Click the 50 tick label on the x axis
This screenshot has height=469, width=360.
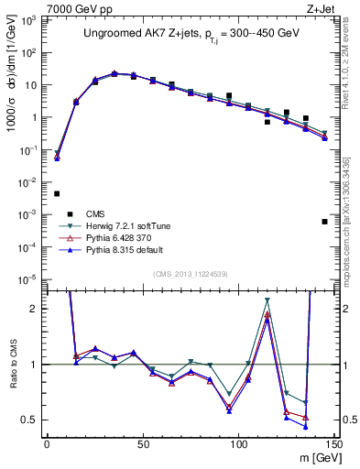[142, 443]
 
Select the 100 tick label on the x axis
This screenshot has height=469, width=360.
[238, 443]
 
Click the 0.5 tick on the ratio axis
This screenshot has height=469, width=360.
[32, 420]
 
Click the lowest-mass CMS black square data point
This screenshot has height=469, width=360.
[57, 193]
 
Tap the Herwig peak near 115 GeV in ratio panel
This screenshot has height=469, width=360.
[267, 300]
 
